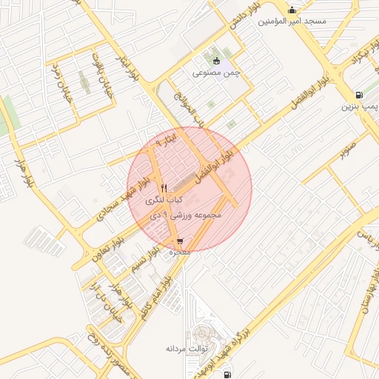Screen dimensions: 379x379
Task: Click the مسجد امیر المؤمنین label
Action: point(292,21)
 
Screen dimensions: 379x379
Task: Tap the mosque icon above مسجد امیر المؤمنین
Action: point(292,10)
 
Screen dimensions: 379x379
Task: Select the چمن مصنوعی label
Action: point(218,73)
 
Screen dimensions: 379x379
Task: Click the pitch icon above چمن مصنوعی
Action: point(216,61)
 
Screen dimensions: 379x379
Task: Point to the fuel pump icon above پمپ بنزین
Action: point(359,95)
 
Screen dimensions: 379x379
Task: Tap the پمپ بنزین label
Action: point(359,107)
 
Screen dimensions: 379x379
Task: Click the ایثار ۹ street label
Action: point(167,138)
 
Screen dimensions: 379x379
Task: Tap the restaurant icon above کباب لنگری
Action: point(164,188)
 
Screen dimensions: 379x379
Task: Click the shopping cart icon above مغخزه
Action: point(181,241)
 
